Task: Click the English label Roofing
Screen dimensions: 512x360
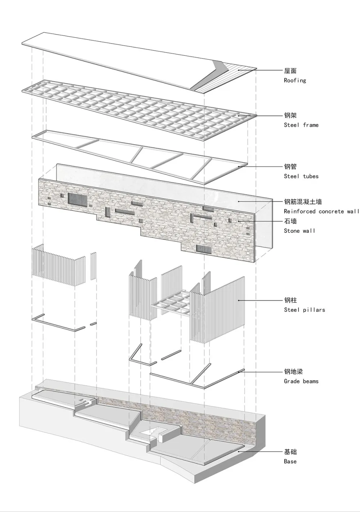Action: point(295,81)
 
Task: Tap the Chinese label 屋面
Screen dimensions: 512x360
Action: point(290,71)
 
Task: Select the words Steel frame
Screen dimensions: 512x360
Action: point(301,125)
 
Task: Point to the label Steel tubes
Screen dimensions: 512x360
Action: point(301,176)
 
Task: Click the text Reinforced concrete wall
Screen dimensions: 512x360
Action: point(321,212)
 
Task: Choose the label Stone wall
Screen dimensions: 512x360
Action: point(299,231)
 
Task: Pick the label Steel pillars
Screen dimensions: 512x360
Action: point(304,310)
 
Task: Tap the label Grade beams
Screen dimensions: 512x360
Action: point(301,381)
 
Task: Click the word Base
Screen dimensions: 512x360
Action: point(290,462)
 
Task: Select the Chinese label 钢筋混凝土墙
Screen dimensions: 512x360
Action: point(303,202)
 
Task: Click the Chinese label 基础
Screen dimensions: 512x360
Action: point(290,452)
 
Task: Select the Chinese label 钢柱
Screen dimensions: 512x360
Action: point(290,300)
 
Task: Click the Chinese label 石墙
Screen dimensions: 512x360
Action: point(290,221)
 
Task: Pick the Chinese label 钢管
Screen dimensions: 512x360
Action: point(290,167)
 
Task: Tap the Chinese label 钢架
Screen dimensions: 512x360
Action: point(290,115)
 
